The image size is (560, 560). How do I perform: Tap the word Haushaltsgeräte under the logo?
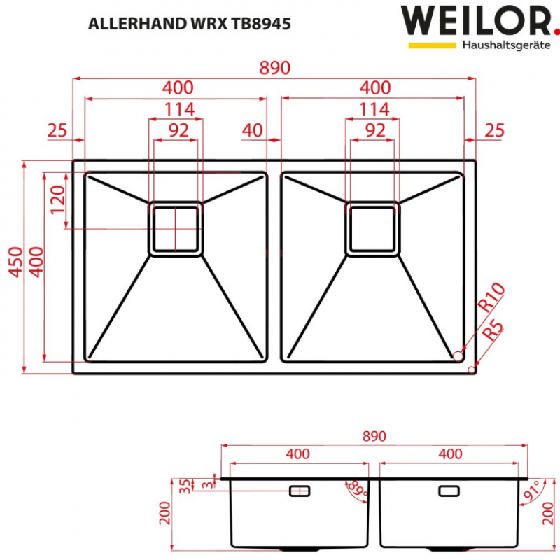tap(506, 45)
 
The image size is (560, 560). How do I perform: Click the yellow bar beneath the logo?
tap(432, 45)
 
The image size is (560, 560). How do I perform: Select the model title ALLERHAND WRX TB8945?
tap(190, 24)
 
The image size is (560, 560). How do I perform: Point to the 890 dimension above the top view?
tap(274, 68)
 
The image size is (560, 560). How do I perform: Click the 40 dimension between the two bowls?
tap(252, 131)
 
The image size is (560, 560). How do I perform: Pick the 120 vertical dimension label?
tap(58, 199)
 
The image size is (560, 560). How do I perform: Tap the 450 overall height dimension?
tap(16, 262)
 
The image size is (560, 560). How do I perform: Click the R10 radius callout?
tap(491, 297)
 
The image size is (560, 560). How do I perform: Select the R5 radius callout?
tap(493, 330)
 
